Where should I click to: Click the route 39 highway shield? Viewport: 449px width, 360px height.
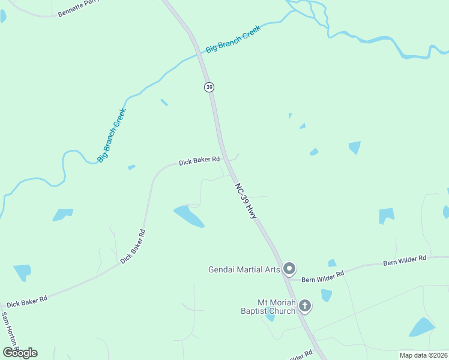click(x=208, y=87)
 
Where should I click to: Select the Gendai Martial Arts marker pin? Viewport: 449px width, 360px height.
click(x=289, y=269)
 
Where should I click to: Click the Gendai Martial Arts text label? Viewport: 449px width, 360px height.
click(x=244, y=269)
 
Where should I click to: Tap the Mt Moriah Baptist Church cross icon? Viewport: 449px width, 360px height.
click(x=305, y=307)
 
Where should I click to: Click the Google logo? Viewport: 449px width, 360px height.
click(x=20, y=352)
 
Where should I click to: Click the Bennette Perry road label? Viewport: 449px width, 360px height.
click(x=78, y=9)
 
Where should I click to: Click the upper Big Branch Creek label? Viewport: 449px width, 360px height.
click(x=234, y=38)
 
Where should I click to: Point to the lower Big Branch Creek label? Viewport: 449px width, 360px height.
click(x=112, y=135)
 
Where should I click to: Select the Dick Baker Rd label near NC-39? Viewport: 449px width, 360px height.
click(x=199, y=161)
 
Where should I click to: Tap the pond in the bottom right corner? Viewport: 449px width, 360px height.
click(x=421, y=327)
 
